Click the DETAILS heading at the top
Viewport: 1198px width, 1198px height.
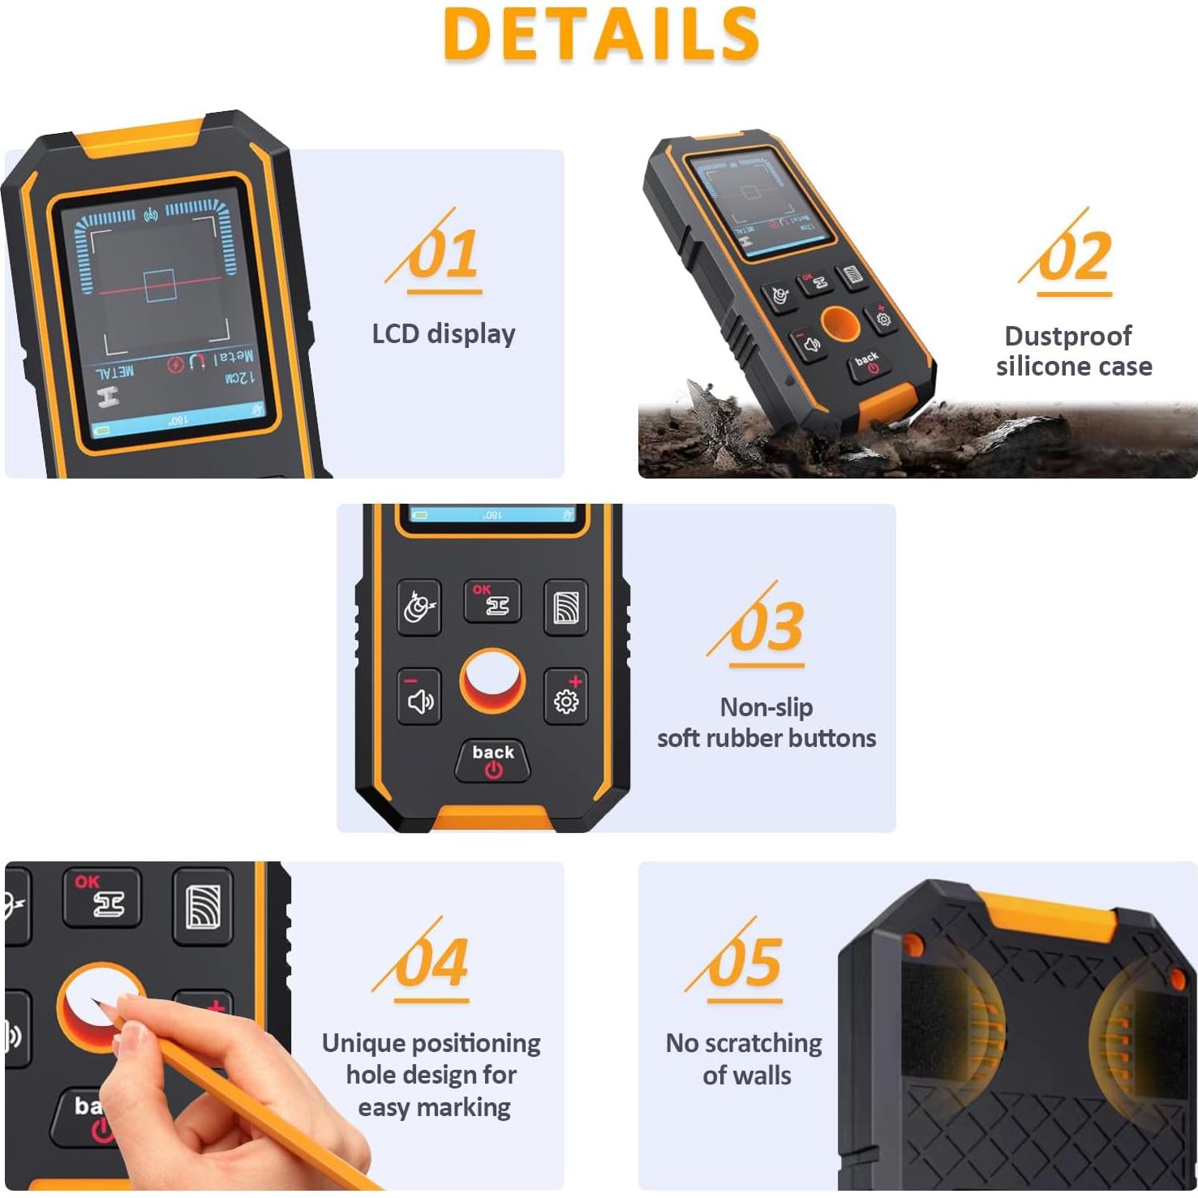[x=601, y=34]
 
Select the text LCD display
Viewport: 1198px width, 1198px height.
[x=444, y=333]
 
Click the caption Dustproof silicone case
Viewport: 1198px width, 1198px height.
[x=1073, y=350]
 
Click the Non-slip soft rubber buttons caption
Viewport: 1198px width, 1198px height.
[x=766, y=723]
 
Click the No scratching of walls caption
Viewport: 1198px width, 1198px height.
[x=745, y=1058]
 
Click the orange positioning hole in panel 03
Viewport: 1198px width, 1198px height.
[x=492, y=680]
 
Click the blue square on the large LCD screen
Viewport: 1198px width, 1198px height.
[x=159, y=286]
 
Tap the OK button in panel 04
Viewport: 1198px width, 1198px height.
[x=102, y=897]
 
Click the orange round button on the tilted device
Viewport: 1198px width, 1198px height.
[x=839, y=324]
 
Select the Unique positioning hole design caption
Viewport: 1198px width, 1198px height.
[x=432, y=1075]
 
